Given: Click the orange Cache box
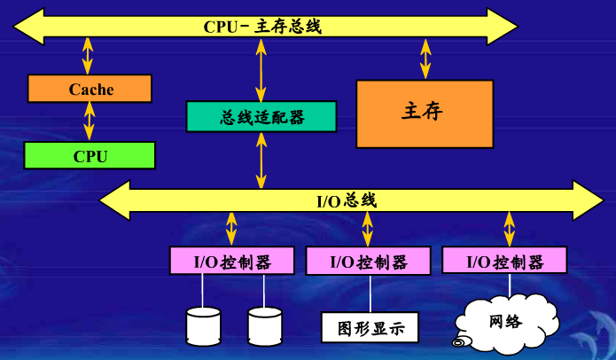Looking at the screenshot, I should [90, 89].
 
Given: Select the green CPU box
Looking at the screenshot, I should [90, 156].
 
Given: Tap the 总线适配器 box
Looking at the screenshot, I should [261, 117].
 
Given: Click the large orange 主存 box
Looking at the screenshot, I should [425, 113].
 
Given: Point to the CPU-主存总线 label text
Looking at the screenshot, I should [262, 26].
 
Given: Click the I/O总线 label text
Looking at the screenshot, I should [347, 200].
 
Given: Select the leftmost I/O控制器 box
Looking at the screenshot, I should [232, 262].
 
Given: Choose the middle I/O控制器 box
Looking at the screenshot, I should [368, 262].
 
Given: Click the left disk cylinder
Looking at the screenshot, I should [203, 325].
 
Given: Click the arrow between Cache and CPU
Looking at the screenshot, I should [89, 121].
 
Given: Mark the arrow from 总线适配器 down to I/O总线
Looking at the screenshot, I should [261, 160].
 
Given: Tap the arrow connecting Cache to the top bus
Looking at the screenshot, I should [87, 55].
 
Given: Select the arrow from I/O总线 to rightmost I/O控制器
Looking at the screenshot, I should [509, 229].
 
